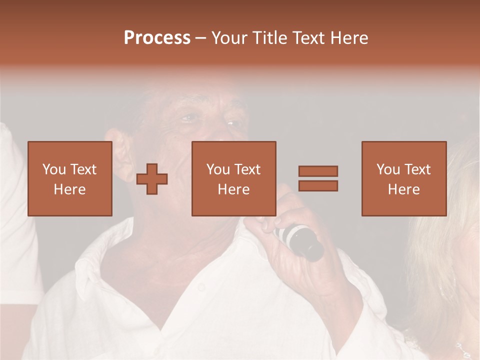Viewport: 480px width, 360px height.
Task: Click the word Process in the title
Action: tap(157, 38)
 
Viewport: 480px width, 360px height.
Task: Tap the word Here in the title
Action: tap(348, 38)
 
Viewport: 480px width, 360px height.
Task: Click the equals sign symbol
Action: tap(318, 178)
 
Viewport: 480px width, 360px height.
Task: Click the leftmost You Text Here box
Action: tap(69, 178)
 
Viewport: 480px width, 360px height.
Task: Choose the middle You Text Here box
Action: tap(233, 178)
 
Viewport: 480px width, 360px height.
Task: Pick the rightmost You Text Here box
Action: tap(403, 178)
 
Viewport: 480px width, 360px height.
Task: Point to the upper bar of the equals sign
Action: tap(318, 171)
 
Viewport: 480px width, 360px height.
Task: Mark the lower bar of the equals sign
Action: tap(318, 185)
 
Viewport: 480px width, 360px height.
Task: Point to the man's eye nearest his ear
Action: tap(188, 118)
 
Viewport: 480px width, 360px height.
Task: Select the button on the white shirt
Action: tap(201, 287)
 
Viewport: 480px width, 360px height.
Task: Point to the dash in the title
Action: tap(201, 38)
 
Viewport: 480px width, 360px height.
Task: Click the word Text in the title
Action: tap(308, 38)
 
